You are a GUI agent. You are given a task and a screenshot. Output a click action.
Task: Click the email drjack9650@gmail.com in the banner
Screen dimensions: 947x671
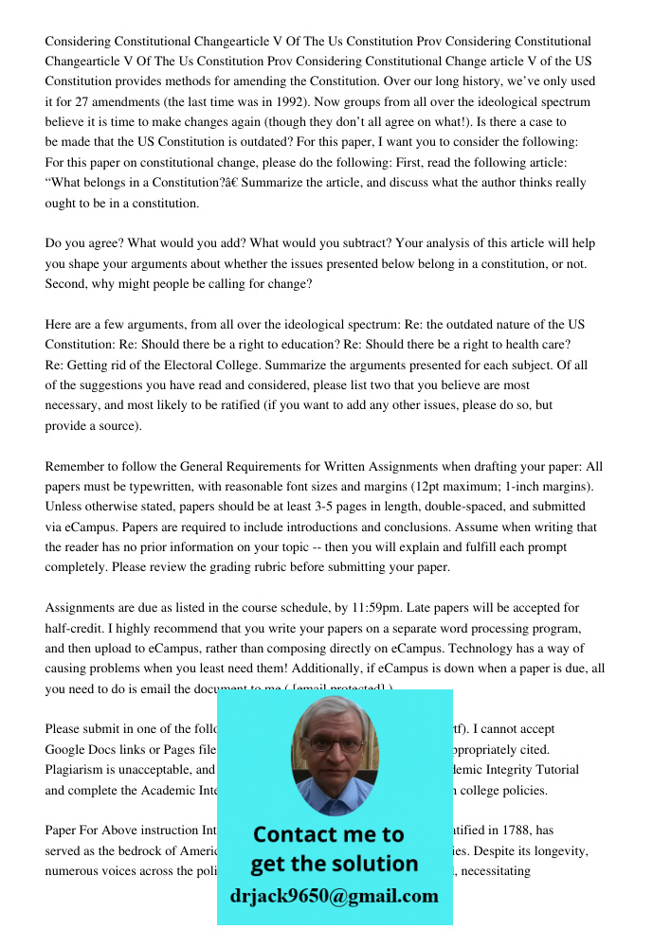click(334, 896)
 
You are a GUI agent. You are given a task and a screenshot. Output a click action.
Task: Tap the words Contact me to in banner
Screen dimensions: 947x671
click(328, 834)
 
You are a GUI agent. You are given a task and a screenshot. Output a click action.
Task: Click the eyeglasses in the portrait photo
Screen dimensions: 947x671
click(335, 744)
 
